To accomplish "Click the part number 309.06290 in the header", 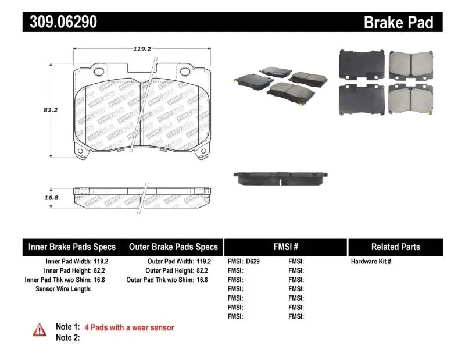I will click(x=60, y=22).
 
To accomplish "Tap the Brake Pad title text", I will click(x=398, y=22).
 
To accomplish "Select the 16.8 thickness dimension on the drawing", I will click(x=36, y=197).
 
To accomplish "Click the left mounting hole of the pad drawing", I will click(x=98, y=72).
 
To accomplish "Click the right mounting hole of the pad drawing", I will click(x=185, y=72).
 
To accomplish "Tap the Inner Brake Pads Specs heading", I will click(x=72, y=247).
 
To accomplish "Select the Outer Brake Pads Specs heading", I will click(x=173, y=247).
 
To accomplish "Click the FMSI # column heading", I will click(x=285, y=247).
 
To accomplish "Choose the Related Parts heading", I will click(x=395, y=247).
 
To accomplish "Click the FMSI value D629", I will click(x=253, y=262).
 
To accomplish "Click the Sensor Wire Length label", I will click(x=63, y=288).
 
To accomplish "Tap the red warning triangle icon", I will click(x=40, y=329).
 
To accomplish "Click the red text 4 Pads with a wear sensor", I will click(x=129, y=327).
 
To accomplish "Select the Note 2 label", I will click(x=67, y=337).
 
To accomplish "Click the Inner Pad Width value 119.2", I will click(x=101, y=262).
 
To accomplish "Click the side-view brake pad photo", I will click(x=281, y=177).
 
